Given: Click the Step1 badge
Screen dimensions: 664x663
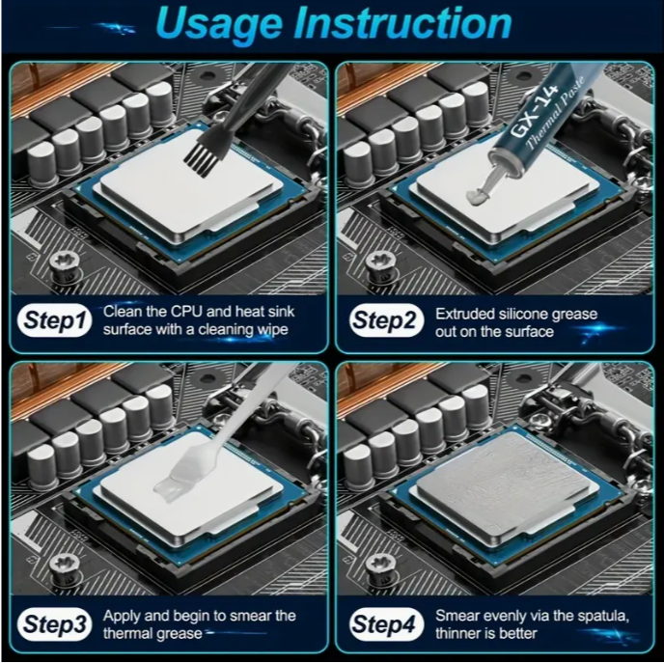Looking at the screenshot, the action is click(55, 320).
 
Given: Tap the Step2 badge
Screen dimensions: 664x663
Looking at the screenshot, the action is click(387, 320).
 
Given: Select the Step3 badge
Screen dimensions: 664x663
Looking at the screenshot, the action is click(55, 624).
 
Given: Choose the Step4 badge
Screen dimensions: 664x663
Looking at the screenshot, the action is click(387, 624).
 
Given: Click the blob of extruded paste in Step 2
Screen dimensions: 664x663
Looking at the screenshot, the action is click(478, 195).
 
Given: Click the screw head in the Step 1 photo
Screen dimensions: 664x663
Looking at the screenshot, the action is click(65, 263).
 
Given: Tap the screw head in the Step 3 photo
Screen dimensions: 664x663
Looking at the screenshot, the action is click(65, 566).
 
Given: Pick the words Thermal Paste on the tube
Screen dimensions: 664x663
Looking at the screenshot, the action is click(556, 114).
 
